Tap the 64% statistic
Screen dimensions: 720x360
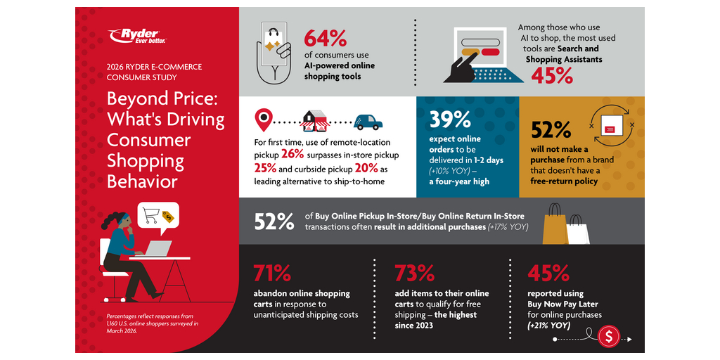coord(325,38)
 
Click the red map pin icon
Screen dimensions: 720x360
coord(263,120)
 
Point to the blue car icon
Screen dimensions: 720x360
coord(368,122)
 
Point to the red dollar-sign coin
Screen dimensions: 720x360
coord(609,337)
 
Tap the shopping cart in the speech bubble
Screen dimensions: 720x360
coord(151,215)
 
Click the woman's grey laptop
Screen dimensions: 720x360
coord(157,249)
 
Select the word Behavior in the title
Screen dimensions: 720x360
coord(142,181)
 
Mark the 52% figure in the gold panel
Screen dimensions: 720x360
coord(551,130)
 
